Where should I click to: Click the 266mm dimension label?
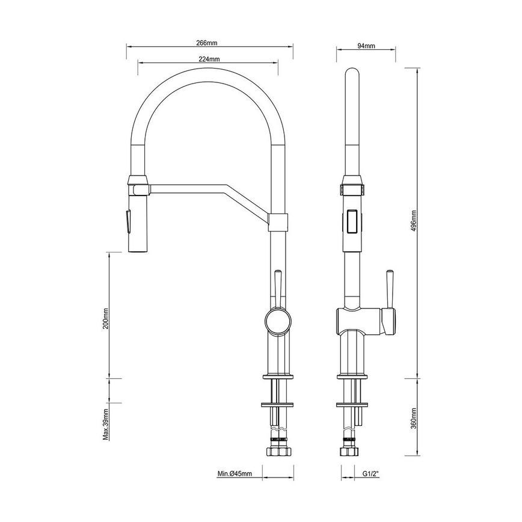[x=206, y=43]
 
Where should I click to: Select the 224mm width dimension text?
[x=208, y=59]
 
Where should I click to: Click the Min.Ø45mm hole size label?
[x=235, y=474]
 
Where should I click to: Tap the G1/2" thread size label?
[x=370, y=474]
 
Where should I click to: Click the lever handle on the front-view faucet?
[x=277, y=286]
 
